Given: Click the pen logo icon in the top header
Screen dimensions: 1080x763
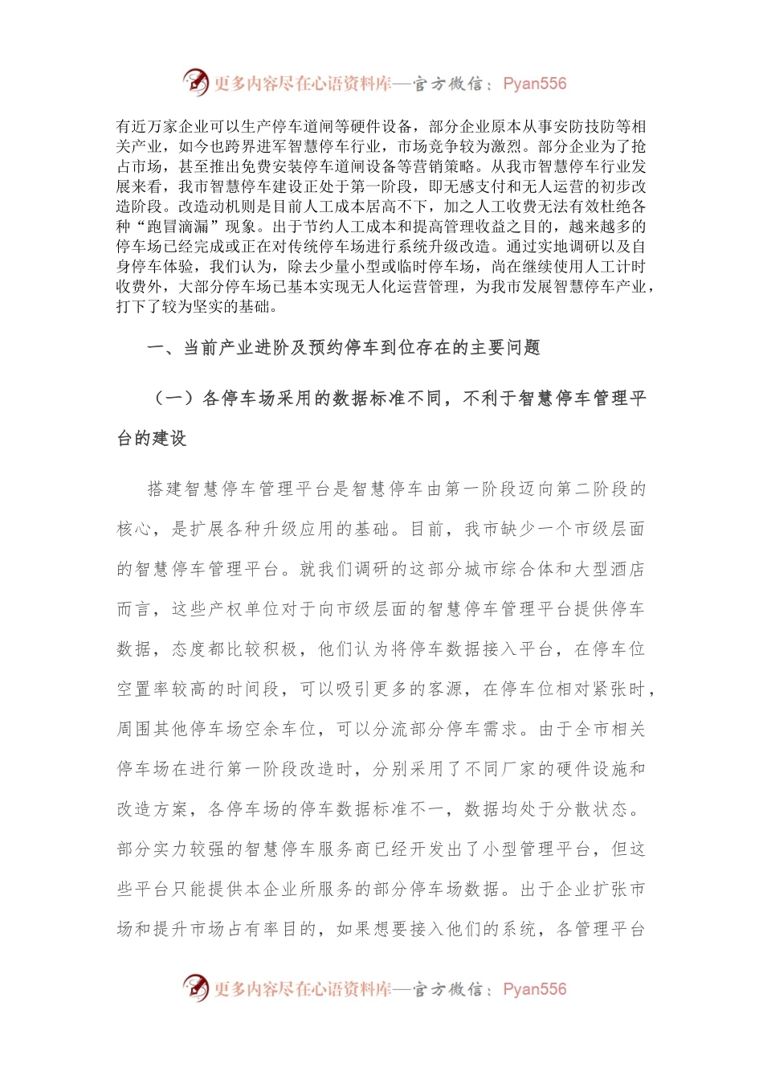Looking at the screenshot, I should (x=196, y=83).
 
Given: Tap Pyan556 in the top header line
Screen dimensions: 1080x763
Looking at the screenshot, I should (x=535, y=84).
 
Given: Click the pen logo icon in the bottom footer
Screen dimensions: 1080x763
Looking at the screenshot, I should (x=196, y=988).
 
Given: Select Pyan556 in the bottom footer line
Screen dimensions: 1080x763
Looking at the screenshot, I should (x=535, y=989).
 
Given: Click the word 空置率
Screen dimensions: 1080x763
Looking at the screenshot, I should (x=144, y=689).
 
